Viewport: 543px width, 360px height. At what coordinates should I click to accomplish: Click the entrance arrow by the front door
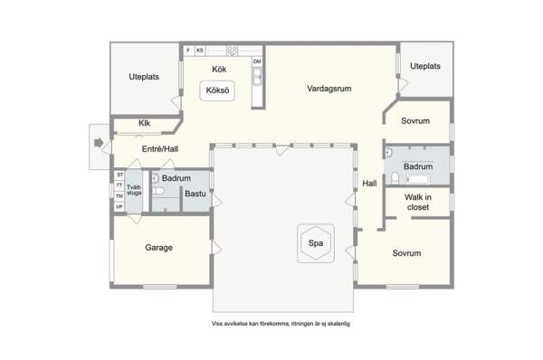[x=99, y=143]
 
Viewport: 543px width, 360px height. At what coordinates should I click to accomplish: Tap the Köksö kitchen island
[x=217, y=90]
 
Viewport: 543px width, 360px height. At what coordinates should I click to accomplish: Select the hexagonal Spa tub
[x=316, y=243]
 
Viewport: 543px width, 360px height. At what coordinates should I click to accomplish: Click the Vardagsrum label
[x=329, y=89]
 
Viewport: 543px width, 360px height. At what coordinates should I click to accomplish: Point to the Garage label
[x=158, y=248]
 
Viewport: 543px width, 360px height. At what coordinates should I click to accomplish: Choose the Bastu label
[x=195, y=194]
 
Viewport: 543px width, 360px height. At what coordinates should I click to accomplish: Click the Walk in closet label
[x=418, y=202]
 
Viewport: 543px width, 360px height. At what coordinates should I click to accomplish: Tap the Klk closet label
[x=145, y=123]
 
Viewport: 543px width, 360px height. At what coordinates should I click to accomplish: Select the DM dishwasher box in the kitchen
[x=257, y=62]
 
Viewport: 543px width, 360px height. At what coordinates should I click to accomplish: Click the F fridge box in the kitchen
[x=188, y=51]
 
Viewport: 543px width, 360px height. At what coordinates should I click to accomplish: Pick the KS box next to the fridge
[x=200, y=51]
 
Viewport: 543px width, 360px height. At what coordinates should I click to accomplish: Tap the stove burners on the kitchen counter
[x=233, y=51]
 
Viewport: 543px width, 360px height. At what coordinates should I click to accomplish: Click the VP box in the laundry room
[x=119, y=207]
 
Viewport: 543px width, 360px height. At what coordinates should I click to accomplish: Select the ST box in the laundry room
[x=119, y=175]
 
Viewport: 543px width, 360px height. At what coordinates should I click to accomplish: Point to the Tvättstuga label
[x=134, y=190]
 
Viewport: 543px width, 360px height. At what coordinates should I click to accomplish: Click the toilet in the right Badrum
[x=395, y=178]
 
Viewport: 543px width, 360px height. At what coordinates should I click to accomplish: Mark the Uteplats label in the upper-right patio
[x=425, y=66]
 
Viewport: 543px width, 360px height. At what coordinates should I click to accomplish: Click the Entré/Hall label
[x=160, y=149]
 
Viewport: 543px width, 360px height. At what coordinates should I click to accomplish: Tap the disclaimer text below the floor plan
[x=281, y=324]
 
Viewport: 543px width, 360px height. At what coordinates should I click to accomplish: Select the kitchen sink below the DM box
[x=257, y=77]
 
